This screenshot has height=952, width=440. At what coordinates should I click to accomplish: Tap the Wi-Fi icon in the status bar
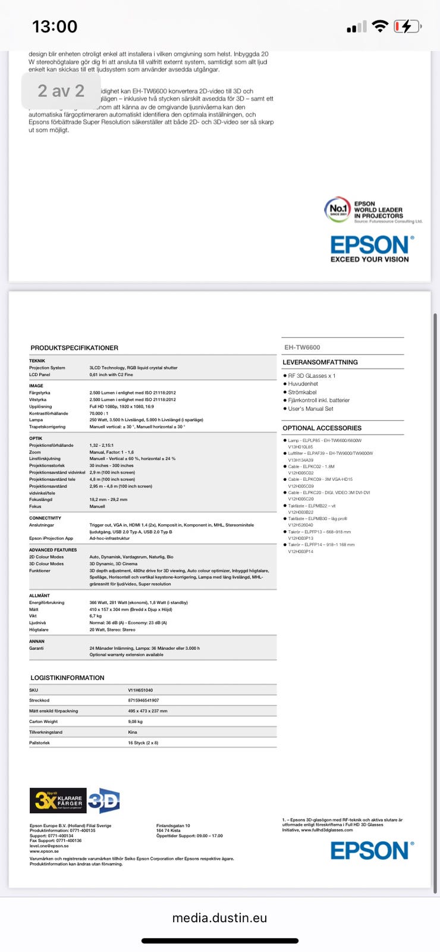tap(379, 27)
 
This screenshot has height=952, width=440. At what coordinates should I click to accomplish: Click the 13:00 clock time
tap(55, 27)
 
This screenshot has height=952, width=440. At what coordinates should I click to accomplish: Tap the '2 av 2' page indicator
tap(61, 91)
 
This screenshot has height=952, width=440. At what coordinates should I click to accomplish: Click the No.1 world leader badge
tap(337, 209)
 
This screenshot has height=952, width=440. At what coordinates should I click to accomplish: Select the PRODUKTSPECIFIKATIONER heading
tap(74, 347)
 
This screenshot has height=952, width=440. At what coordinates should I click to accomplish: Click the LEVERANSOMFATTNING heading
tap(320, 362)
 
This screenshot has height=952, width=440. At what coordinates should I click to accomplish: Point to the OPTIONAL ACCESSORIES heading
tap(322, 428)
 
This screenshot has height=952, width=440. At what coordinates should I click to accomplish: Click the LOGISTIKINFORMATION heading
tap(67, 678)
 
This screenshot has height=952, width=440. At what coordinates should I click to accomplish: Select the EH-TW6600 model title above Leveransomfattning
tap(302, 347)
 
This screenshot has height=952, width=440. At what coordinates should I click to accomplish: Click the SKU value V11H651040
tap(140, 690)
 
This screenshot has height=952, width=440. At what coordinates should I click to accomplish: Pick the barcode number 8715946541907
tap(143, 700)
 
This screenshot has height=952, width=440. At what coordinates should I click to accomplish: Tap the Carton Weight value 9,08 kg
tap(135, 722)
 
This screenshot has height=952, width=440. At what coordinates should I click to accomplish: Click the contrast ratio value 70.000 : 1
tap(99, 413)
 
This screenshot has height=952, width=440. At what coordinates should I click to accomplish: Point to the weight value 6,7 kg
tap(95, 616)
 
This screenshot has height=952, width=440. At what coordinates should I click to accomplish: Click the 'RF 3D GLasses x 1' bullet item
tap(312, 376)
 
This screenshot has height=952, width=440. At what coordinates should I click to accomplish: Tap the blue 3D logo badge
tap(104, 801)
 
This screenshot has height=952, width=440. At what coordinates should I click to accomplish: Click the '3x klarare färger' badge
tap(58, 801)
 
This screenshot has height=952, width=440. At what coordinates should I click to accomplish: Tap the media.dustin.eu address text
tap(219, 918)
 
